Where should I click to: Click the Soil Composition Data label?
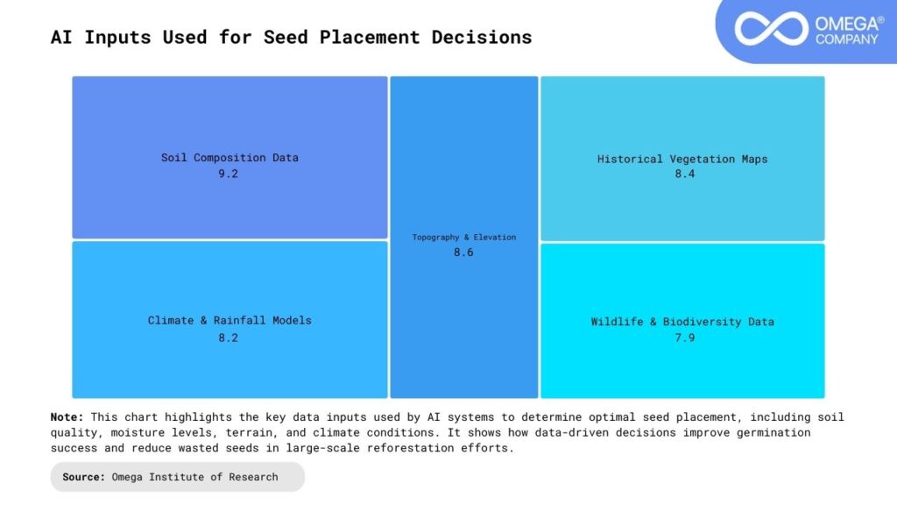(230, 158)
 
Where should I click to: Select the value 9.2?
(229, 174)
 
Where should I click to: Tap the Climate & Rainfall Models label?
(230, 320)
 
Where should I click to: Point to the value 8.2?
(229, 337)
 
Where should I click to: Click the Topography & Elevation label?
(464, 237)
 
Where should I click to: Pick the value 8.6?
(464, 252)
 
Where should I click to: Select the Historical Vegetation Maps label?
(682, 159)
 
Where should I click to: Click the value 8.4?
(682, 174)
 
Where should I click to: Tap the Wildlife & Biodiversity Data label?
(682, 322)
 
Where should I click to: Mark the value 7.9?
(682, 337)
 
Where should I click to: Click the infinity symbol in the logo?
(771, 29)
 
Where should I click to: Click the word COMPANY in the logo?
(846, 39)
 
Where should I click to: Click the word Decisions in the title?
(482, 37)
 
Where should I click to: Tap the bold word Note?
(67, 417)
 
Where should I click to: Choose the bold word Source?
(84, 477)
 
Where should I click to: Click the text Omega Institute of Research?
(194, 477)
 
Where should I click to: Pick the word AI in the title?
(61, 37)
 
